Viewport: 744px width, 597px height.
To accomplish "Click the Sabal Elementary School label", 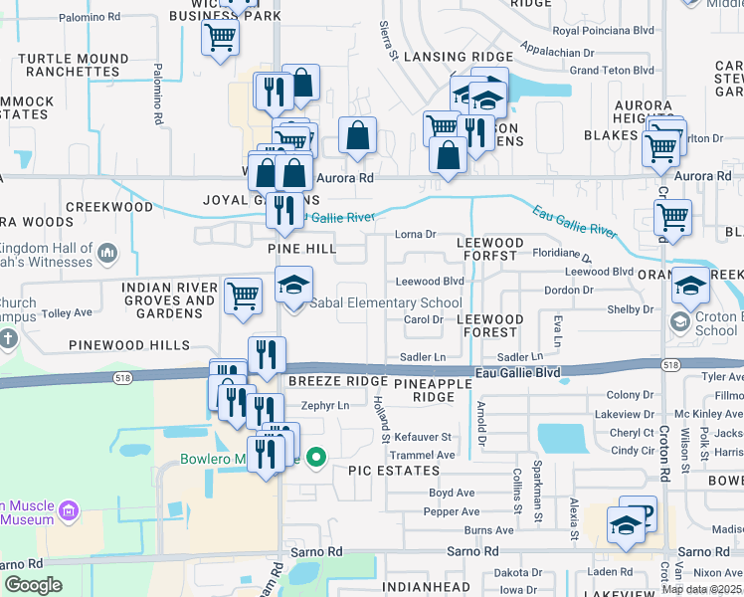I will (388, 302).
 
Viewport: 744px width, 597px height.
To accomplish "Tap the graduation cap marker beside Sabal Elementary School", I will (293, 287).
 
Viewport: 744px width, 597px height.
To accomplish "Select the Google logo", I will (33, 585).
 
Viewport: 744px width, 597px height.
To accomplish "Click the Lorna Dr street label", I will (416, 235).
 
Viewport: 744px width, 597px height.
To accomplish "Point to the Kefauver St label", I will (423, 437).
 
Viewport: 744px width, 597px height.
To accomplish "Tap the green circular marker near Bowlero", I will (316, 458).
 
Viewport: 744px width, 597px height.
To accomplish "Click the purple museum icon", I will (69, 511).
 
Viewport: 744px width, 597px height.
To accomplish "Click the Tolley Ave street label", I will (67, 312).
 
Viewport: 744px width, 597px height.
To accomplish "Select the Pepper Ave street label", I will (452, 511).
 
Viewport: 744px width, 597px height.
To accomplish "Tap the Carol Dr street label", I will (423, 319).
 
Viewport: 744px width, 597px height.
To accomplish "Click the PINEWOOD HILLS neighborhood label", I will (128, 345).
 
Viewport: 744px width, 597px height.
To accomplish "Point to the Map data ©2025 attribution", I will (702, 589).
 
